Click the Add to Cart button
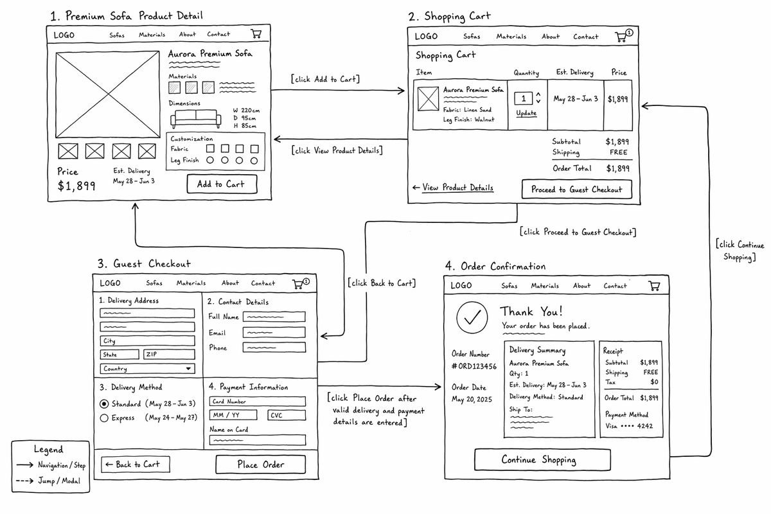222,184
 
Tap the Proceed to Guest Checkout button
577,189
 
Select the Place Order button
261,465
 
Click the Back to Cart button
136,465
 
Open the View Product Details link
457,188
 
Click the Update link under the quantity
526,113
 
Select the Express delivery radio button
104,418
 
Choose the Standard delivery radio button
104,403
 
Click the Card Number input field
258,402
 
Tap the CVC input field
287,415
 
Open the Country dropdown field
147,369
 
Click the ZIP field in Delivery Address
169,354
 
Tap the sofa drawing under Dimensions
195,118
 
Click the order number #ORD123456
474,366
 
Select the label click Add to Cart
325,79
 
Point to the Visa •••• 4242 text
629,426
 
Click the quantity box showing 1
524,98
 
